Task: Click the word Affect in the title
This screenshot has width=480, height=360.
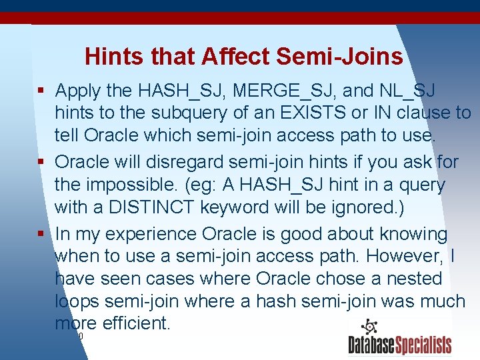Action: pyautogui.click(x=231, y=57)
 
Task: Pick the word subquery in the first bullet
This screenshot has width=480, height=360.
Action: pyautogui.click(x=180, y=113)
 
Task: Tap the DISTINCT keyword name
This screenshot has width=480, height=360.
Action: pyautogui.click(x=149, y=207)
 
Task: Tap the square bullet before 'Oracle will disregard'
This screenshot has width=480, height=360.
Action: pyautogui.click(x=42, y=162)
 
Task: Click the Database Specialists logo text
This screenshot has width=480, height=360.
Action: pyautogui.click(x=399, y=345)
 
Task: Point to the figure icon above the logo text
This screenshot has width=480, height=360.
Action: pyautogui.click(x=369, y=327)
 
